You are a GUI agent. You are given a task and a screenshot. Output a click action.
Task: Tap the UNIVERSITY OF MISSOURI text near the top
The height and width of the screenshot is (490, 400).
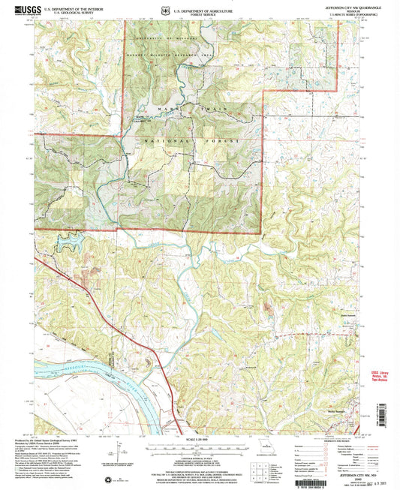click(164, 35)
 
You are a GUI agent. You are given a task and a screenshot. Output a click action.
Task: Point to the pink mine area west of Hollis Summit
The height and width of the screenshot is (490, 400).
click(266, 306)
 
